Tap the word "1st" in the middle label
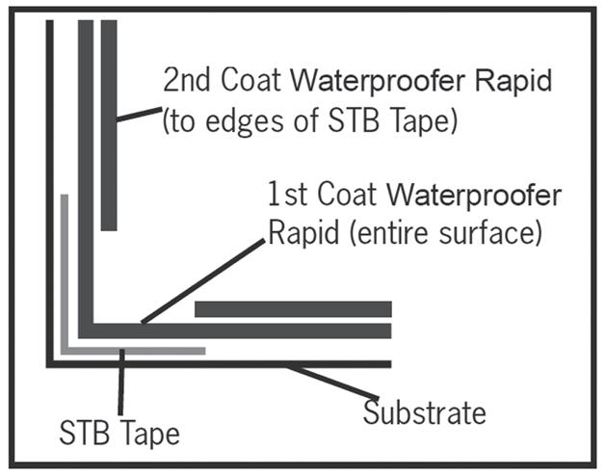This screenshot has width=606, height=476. [289, 197]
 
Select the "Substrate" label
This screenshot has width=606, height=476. [424, 414]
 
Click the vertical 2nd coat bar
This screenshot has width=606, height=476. [109, 125]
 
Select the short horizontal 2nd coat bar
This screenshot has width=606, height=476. [293, 309]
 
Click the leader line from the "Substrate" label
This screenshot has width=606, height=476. [332, 383]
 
